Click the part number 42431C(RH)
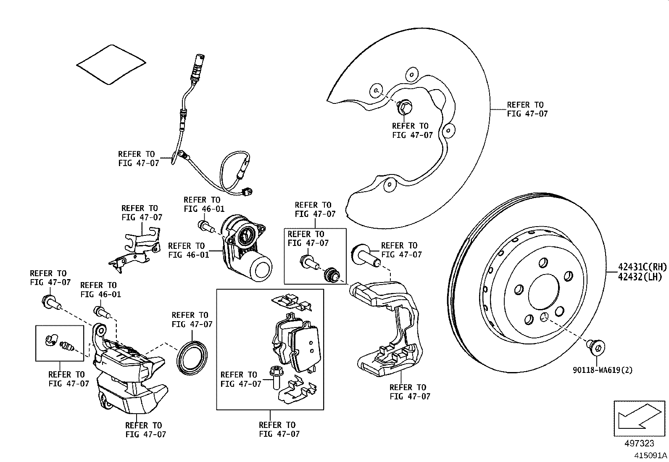point(642,267)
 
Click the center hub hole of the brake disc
point(543,293)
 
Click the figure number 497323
point(639,444)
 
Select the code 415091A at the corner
point(651,455)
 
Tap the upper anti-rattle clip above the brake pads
point(291,302)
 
